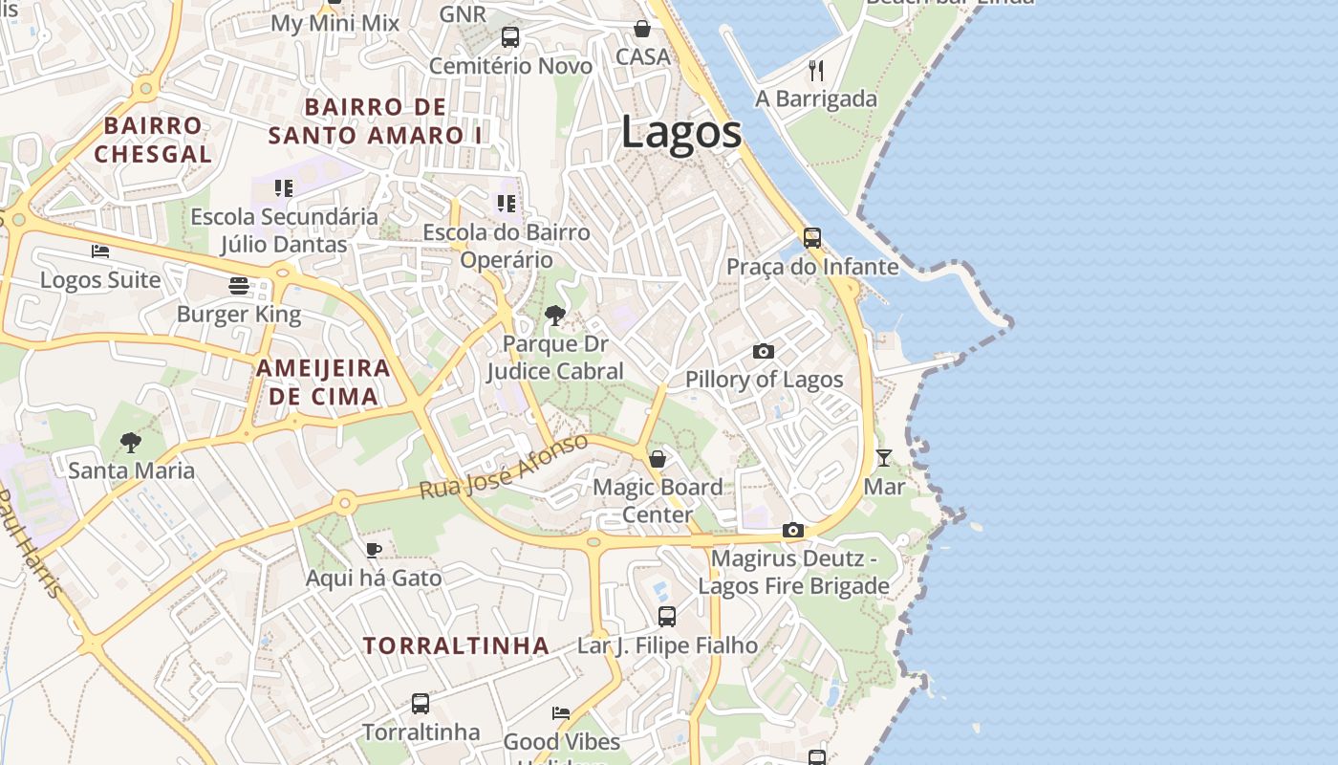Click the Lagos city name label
click(681, 132)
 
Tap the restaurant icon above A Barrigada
click(815, 70)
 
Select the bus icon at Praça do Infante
click(811, 238)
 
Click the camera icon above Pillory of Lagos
click(763, 352)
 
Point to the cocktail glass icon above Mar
click(884, 458)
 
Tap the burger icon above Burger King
click(238, 286)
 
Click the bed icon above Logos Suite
click(100, 252)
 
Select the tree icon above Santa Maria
click(131, 443)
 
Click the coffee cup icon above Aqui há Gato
click(373, 550)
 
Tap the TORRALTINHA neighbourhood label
click(456, 645)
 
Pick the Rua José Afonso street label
click(504, 467)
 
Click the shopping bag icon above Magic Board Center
click(658, 459)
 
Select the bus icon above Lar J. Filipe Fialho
click(666, 617)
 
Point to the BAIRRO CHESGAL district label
click(153, 140)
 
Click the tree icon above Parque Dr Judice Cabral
click(554, 316)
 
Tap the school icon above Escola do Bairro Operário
click(506, 204)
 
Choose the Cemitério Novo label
click(510, 66)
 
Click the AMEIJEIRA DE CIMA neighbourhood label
click(323, 382)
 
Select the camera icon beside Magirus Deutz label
click(792, 531)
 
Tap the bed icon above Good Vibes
click(561, 713)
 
